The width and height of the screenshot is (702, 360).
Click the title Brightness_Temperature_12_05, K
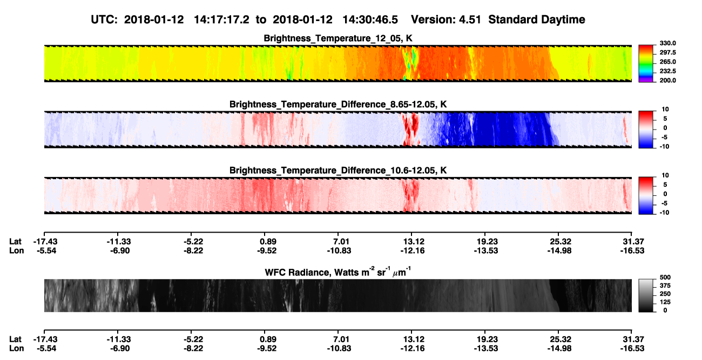(338, 38)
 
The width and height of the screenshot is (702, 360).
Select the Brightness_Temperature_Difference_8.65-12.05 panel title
(338, 104)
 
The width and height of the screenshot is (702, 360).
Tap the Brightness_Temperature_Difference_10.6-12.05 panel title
(338, 171)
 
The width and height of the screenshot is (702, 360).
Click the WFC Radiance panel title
(338, 271)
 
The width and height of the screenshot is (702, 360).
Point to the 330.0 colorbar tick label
(667, 43)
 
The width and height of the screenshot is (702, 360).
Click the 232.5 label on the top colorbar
(667, 71)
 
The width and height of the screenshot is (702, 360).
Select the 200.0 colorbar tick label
(667, 80)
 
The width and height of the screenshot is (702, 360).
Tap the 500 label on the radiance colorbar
(665, 277)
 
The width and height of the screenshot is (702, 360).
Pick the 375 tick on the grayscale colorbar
(665, 286)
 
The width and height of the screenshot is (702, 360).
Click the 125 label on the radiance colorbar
(665, 302)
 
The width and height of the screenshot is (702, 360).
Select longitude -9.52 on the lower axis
(267, 349)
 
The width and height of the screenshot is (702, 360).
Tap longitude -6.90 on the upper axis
(120, 251)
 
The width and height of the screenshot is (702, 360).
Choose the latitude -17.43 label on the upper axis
(45, 242)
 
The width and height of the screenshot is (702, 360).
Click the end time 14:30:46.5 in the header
(370, 19)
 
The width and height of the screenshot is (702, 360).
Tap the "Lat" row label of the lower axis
(15, 339)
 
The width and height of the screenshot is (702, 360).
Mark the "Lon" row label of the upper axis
(17, 251)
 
